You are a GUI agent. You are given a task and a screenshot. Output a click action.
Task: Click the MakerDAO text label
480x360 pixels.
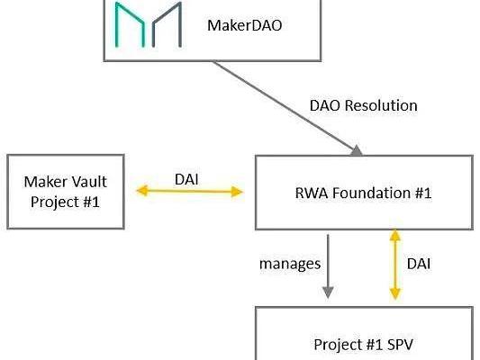(245, 25)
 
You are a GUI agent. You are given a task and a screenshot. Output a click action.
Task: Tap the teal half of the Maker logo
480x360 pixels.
(130, 25)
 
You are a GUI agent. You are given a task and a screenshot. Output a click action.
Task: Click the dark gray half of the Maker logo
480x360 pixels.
(167, 25)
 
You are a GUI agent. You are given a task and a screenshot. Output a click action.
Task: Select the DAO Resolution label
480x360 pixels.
(363, 106)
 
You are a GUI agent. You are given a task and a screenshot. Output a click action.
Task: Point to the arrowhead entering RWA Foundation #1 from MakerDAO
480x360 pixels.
(357, 151)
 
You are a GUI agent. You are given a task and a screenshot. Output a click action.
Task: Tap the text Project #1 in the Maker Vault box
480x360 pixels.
(65, 202)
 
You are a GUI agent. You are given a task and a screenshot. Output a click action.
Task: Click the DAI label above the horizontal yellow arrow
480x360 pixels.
(186, 179)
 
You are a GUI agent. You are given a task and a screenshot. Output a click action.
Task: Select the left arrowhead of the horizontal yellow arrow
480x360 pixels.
(142, 191)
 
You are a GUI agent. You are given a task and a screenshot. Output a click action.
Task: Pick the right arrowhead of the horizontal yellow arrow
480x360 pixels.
(237, 192)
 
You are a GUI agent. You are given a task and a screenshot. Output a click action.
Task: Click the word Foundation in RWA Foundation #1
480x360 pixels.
(372, 193)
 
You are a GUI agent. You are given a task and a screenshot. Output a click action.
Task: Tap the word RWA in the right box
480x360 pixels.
(312, 193)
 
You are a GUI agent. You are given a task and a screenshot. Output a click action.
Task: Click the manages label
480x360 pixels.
(290, 265)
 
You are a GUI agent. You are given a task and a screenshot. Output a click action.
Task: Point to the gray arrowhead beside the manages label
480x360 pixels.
(328, 292)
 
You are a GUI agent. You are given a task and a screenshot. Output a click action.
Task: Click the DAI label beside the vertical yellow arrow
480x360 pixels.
(419, 264)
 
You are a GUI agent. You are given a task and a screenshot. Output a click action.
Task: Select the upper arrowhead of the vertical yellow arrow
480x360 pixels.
(395, 235)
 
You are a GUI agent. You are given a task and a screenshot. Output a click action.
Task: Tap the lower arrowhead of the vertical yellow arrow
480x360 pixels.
(395, 293)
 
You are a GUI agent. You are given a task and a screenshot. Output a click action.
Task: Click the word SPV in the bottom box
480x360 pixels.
(400, 345)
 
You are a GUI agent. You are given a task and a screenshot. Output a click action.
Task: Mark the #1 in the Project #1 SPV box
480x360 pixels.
(375, 345)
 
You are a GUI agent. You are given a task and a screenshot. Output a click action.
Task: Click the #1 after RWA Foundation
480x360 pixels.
(423, 193)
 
